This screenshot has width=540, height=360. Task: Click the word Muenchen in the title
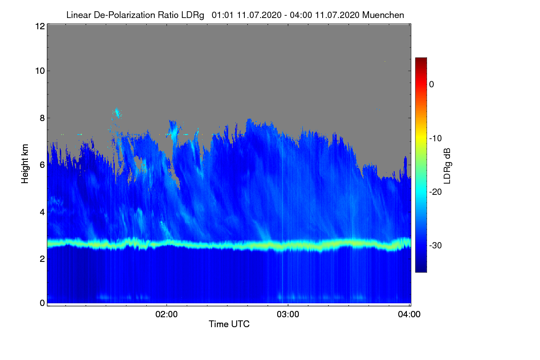383,15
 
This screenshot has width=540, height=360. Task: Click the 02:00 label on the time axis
166,314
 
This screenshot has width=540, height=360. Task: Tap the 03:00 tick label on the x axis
288,314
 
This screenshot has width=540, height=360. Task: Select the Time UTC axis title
229,324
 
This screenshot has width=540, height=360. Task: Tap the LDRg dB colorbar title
447,166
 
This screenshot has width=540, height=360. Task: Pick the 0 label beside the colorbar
432,84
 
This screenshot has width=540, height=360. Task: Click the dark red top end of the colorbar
421,60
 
